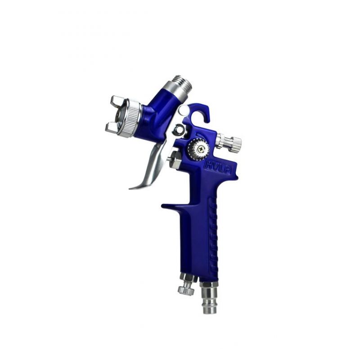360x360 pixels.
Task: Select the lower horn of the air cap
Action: pyautogui.click(x=112, y=128)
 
